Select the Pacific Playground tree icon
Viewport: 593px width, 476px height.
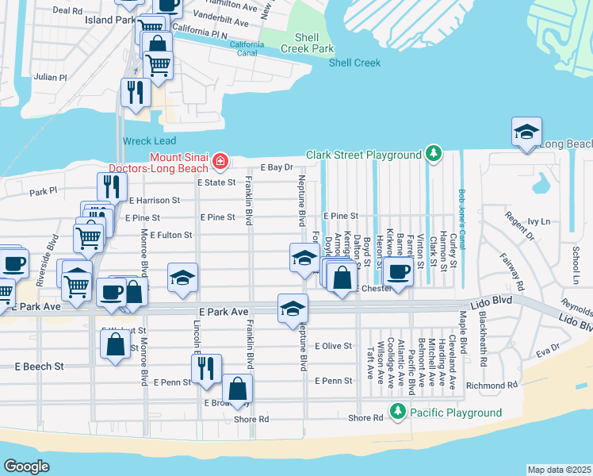397,412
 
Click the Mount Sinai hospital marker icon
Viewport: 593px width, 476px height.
219,163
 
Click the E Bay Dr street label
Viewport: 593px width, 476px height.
277,168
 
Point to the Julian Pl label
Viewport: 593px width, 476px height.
51,77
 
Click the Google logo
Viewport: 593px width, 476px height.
27,466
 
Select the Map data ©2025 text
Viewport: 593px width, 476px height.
559,470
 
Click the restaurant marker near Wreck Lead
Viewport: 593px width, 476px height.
136,92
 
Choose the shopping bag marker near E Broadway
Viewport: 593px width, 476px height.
237,389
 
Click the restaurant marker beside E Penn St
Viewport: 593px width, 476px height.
206,370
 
